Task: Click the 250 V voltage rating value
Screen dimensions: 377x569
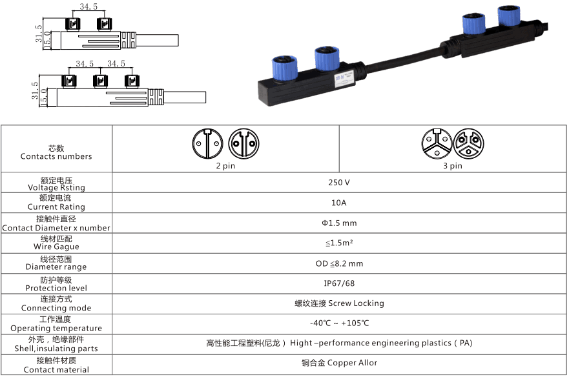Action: (x=339, y=183)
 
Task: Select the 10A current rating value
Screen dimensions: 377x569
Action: (x=339, y=203)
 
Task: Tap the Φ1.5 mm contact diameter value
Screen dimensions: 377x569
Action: (x=339, y=223)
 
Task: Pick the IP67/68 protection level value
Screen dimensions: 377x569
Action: (x=339, y=283)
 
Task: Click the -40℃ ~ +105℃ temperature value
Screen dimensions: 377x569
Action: (x=339, y=323)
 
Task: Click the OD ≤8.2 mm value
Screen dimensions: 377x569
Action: (x=339, y=263)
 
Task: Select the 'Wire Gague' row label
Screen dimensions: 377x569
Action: (x=56, y=247)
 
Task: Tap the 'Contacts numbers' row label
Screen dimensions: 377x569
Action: (x=56, y=156)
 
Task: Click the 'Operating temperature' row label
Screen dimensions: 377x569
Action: (x=56, y=328)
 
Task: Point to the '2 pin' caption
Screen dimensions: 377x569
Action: (x=225, y=166)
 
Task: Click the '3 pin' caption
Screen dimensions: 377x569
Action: (x=453, y=166)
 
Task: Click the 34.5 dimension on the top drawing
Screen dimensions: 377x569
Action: (x=88, y=7)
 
